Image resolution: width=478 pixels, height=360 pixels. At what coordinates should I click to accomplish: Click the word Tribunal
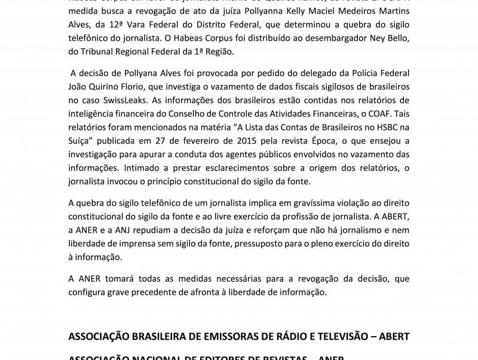[x=102, y=51]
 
